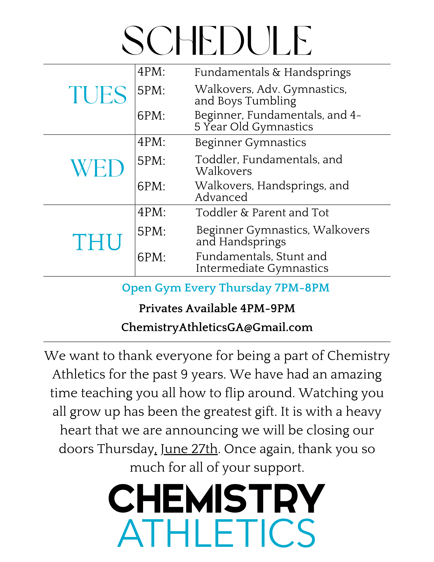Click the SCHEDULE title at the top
pos(217,41)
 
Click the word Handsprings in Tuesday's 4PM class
pos(317,73)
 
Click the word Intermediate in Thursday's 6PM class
pos(230,268)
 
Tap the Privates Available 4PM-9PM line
pos(217,308)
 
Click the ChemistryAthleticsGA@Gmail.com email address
pos(217,327)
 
